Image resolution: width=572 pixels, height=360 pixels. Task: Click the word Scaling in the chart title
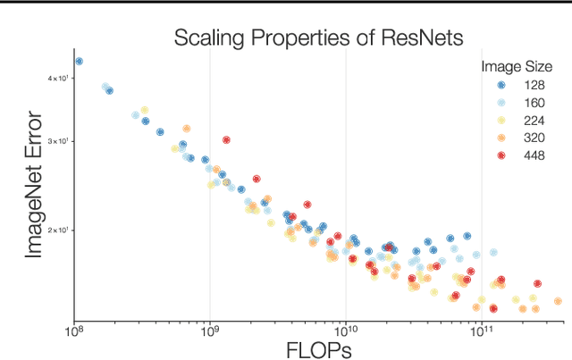pos(202,38)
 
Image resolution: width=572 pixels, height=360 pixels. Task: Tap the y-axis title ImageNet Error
pos(33,183)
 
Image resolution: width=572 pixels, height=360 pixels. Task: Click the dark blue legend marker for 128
pos(501,85)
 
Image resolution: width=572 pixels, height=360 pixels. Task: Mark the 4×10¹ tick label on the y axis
pos(57,79)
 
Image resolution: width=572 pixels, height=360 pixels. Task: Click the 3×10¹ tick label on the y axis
pos(57,141)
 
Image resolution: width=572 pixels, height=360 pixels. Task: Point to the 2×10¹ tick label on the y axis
pos(57,230)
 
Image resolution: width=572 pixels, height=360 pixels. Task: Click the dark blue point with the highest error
pos(79,62)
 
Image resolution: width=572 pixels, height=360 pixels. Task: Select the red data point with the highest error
pos(226,140)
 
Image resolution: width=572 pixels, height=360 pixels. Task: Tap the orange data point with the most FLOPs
pos(558,301)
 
